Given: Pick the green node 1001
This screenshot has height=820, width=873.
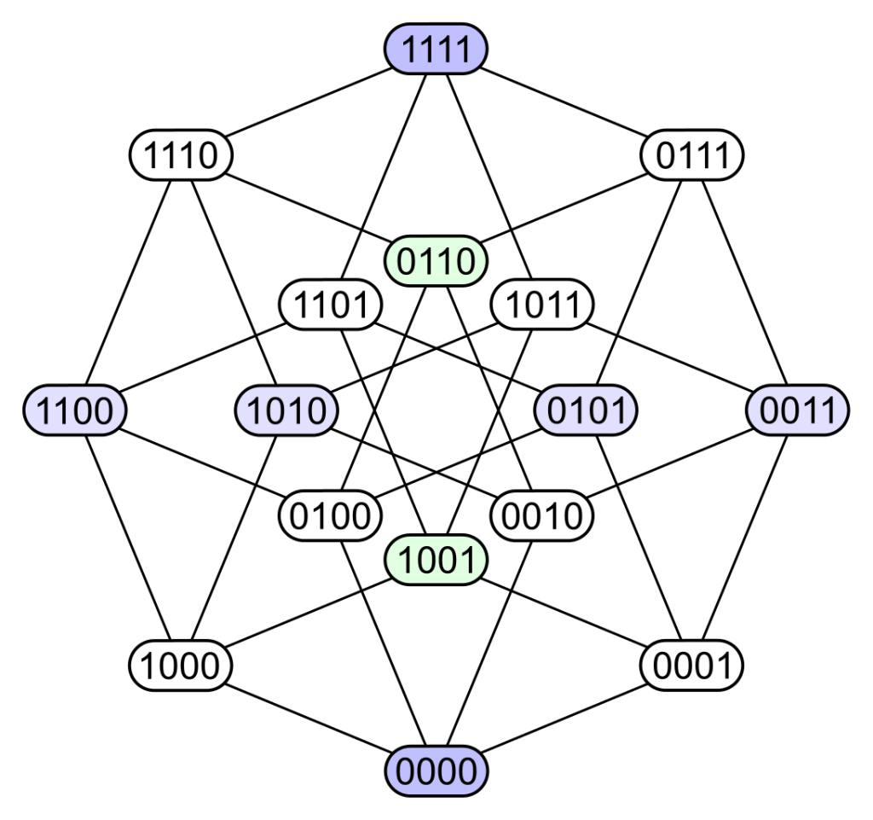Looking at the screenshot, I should pos(436,561).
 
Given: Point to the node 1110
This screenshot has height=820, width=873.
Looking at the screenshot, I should pos(181,156).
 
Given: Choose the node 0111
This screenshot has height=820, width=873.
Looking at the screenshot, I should pos(691,156).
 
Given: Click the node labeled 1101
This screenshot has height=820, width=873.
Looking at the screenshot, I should pos(330,305).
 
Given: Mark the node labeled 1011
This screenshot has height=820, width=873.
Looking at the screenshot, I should pos(542,305).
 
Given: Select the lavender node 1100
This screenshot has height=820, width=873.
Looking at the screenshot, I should pos(75,410).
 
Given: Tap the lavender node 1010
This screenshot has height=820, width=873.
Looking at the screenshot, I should pos(286,410).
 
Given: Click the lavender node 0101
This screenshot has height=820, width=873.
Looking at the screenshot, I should pos(586,410).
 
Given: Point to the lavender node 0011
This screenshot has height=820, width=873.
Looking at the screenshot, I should pos(797,410).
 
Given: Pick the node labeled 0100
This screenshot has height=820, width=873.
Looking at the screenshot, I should pos(330,516).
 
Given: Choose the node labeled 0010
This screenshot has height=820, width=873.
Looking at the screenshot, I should pos(542,516).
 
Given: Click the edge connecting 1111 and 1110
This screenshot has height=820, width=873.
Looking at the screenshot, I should pos(307,103).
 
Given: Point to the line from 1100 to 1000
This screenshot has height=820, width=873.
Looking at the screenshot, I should pos(128,538).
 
